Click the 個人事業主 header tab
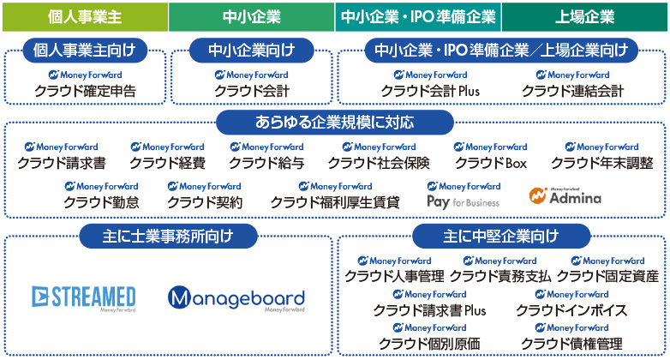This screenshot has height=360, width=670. [x=84, y=15]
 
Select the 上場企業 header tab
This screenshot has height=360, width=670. [x=584, y=15]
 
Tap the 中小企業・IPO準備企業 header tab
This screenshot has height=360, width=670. [x=418, y=15]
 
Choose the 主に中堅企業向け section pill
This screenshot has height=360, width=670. [x=501, y=235]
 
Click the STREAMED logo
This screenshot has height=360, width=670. [x=83, y=297]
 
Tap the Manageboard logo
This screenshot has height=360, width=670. [x=236, y=299]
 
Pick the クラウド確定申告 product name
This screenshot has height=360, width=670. [x=85, y=91]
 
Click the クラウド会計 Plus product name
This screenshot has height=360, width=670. [x=430, y=91]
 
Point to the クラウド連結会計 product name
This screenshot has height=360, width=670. [x=572, y=91]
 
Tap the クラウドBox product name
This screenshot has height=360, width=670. [x=490, y=163]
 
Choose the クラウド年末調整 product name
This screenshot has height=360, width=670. [x=601, y=163]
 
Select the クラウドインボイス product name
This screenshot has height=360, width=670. [x=571, y=310]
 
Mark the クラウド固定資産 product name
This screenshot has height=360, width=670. [x=607, y=276]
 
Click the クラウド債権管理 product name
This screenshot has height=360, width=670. [x=571, y=344]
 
